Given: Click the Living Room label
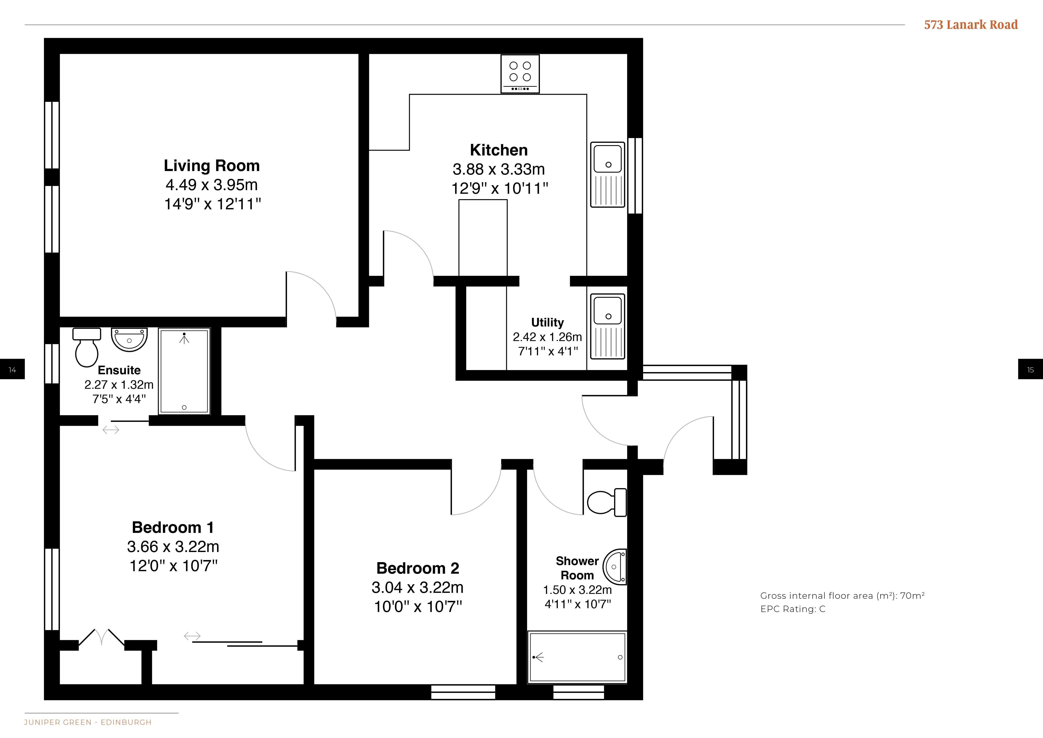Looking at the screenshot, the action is point(212,166).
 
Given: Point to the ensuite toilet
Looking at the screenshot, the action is point(87,347).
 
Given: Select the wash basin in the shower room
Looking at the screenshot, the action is point(615,567).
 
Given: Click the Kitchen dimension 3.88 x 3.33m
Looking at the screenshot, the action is point(499,170).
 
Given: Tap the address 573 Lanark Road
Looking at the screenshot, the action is point(971,25).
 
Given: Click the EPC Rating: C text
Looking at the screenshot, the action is point(793,609).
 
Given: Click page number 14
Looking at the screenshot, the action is point(12,370).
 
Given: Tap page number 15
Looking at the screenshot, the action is point(1030,370).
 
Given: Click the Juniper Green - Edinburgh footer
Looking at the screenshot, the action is point(88,722).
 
